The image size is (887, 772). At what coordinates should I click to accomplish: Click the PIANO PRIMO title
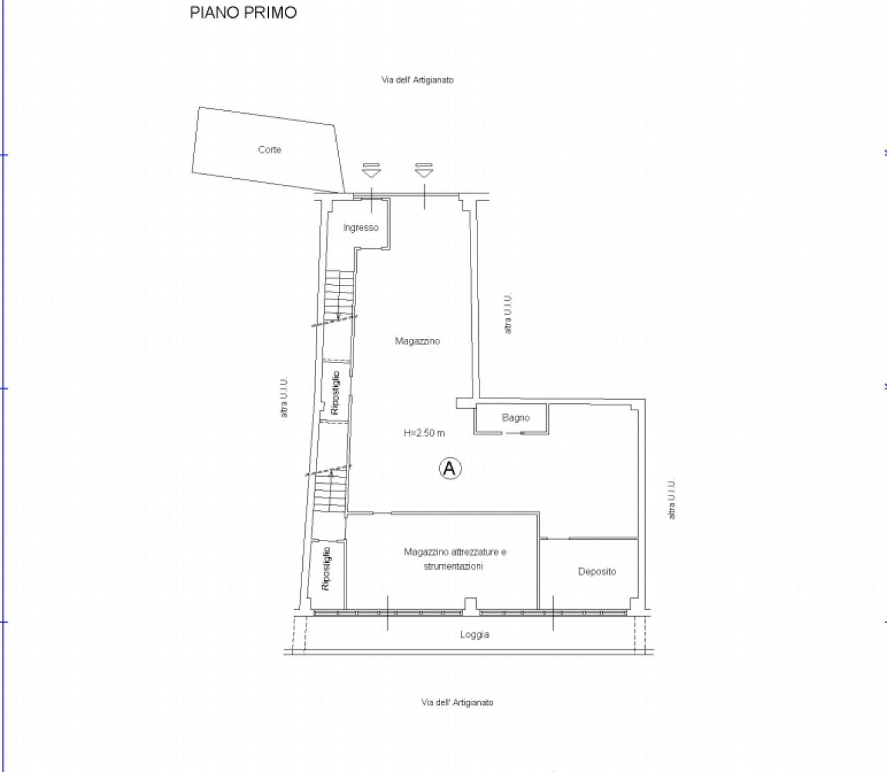243,12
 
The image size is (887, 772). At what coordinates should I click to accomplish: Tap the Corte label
270,150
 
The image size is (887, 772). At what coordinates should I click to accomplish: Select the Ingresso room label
361,227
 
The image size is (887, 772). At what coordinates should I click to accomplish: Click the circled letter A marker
450,468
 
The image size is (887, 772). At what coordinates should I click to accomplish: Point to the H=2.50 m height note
424,432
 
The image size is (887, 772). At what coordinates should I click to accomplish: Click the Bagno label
516,417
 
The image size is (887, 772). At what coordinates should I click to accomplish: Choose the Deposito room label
597,571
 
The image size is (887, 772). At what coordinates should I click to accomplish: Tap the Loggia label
475,634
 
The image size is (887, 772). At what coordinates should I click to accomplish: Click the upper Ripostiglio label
335,392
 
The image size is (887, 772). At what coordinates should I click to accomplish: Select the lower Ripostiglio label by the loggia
326,568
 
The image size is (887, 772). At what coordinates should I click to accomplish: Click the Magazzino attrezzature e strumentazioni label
455,559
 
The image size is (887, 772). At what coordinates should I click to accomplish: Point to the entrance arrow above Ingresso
371,170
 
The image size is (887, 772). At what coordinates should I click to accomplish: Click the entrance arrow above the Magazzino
423,170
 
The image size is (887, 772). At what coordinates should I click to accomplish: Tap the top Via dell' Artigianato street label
417,80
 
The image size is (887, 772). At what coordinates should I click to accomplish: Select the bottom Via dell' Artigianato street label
457,702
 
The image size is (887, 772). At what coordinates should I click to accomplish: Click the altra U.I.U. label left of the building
284,397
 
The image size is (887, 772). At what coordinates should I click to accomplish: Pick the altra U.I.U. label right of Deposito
671,498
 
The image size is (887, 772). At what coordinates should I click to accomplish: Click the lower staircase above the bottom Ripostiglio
331,491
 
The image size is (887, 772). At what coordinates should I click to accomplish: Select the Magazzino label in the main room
417,341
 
